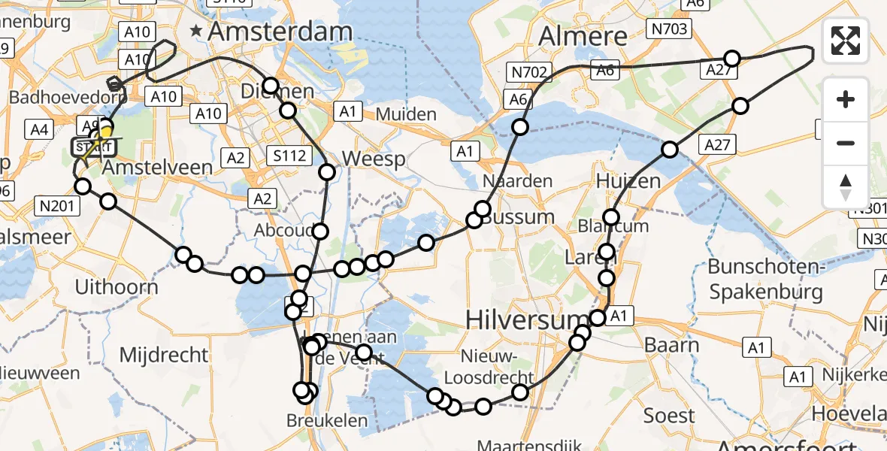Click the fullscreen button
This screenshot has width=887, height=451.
coord(846,41)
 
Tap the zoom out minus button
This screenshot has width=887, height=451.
coord(846,143)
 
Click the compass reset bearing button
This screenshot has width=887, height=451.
coord(846,187)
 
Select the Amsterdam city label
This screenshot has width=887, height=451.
coord(280,32)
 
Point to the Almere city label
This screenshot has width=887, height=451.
coord(583,35)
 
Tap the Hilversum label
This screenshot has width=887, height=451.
coord(516,319)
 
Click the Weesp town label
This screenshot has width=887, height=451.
coord(374,160)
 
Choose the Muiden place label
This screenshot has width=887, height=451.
coord(407,114)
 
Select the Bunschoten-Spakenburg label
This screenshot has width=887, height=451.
coord(766,278)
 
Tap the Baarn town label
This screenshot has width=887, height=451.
coord(672,346)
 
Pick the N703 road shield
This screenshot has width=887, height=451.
coord(668,29)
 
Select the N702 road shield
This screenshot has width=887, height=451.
coord(529,72)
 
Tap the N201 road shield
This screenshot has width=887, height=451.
coord(56,204)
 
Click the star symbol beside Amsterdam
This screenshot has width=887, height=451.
coord(197,32)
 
